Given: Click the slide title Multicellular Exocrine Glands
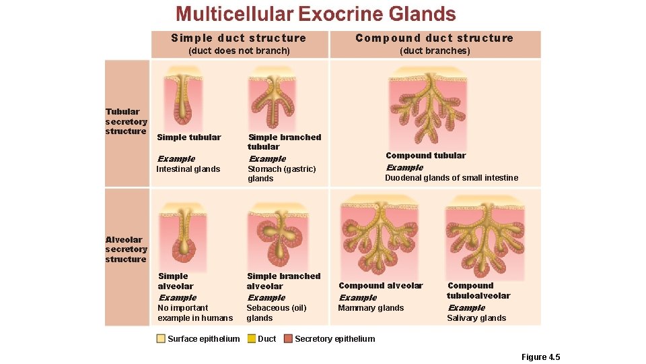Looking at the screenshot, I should pyautogui.click(x=316, y=14).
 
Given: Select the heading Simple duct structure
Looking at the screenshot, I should pyautogui.click(x=239, y=38).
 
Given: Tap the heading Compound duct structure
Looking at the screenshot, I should pyautogui.click(x=434, y=38).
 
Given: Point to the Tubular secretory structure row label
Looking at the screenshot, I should pyautogui.click(x=126, y=121).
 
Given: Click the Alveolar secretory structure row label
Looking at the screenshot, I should pyautogui.click(x=126, y=249).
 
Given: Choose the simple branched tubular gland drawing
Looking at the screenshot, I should pyautogui.click(x=271, y=98).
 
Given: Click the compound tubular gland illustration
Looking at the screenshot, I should pyautogui.click(x=429, y=108).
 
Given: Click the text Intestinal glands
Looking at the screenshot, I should pyautogui.click(x=188, y=169).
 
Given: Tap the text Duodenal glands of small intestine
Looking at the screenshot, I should pyautogui.click(x=451, y=178).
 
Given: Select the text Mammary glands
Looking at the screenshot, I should pyautogui.click(x=371, y=308).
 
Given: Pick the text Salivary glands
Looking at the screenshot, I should pyautogui.click(x=476, y=318).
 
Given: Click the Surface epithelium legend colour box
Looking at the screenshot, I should pyautogui.click(x=161, y=339).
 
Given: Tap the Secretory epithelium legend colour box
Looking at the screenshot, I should pyautogui.click(x=288, y=339).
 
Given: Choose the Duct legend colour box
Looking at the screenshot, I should pyautogui.click(x=252, y=339).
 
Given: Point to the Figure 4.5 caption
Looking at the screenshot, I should pyautogui.click(x=540, y=357).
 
